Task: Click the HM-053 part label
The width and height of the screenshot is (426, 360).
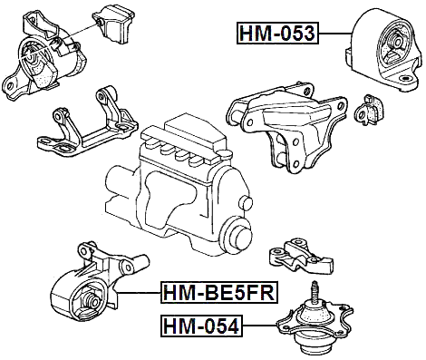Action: pos(276,34)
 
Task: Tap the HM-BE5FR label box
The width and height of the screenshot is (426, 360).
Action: pos(218,293)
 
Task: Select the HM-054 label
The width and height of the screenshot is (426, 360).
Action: pos(201,325)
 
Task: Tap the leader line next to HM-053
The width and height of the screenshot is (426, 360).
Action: pos(334,34)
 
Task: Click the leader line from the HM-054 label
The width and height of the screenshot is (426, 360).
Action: pos(261,325)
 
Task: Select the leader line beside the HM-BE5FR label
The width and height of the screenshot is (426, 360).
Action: pos(140,293)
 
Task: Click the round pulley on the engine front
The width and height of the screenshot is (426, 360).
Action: pos(237,238)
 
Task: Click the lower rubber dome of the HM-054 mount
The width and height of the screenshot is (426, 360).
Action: pos(314,344)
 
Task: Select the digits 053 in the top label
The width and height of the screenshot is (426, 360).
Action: pos(296,34)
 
